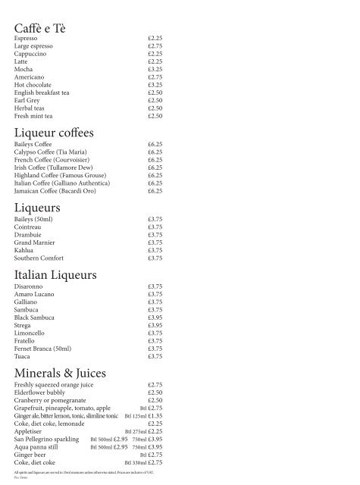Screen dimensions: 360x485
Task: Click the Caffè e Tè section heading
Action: coord(40,29)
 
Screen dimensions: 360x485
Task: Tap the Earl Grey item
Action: coord(28,101)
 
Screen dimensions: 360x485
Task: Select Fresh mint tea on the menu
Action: coord(34,117)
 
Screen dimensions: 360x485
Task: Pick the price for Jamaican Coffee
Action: coord(155,191)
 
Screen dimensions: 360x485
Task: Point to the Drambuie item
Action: coord(28,235)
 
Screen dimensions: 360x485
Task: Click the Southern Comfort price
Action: coord(155,258)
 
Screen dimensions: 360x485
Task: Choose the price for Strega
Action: coord(155,326)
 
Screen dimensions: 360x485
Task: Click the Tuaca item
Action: coord(23,357)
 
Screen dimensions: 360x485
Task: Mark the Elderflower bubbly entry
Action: coord(40,393)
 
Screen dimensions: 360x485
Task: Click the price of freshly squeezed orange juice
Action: coord(155,385)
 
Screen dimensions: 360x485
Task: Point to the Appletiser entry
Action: coord(30,431)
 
